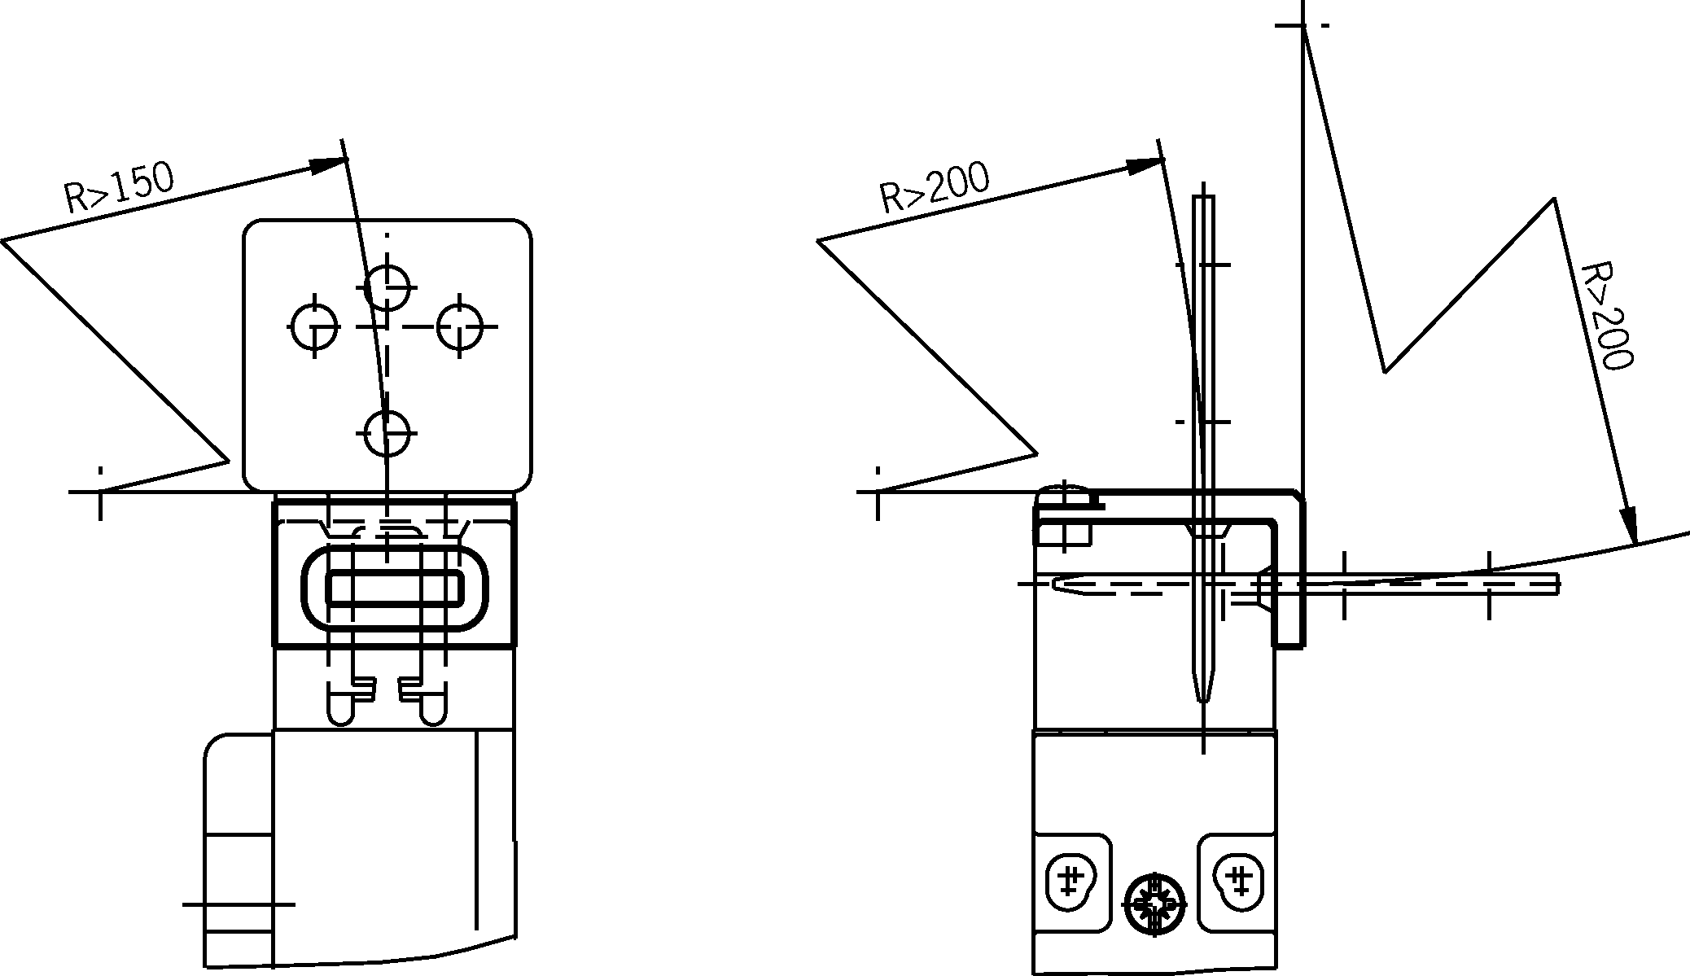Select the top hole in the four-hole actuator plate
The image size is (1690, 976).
(x=387, y=287)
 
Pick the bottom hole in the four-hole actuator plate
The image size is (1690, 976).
(x=387, y=432)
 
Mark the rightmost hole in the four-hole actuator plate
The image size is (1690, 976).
(x=460, y=326)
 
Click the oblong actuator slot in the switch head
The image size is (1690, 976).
(x=395, y=586)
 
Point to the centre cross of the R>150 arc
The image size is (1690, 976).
(x=100, y=492)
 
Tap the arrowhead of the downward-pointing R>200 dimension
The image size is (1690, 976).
(x=1627, y=525)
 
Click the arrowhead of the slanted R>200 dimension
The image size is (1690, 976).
(x=1144, y=165)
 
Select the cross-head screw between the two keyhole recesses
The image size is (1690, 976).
(x=1154, y=904)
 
